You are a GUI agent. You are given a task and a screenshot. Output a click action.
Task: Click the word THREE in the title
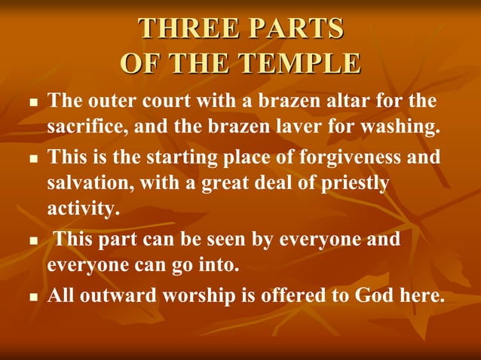(x=184, y=28)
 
